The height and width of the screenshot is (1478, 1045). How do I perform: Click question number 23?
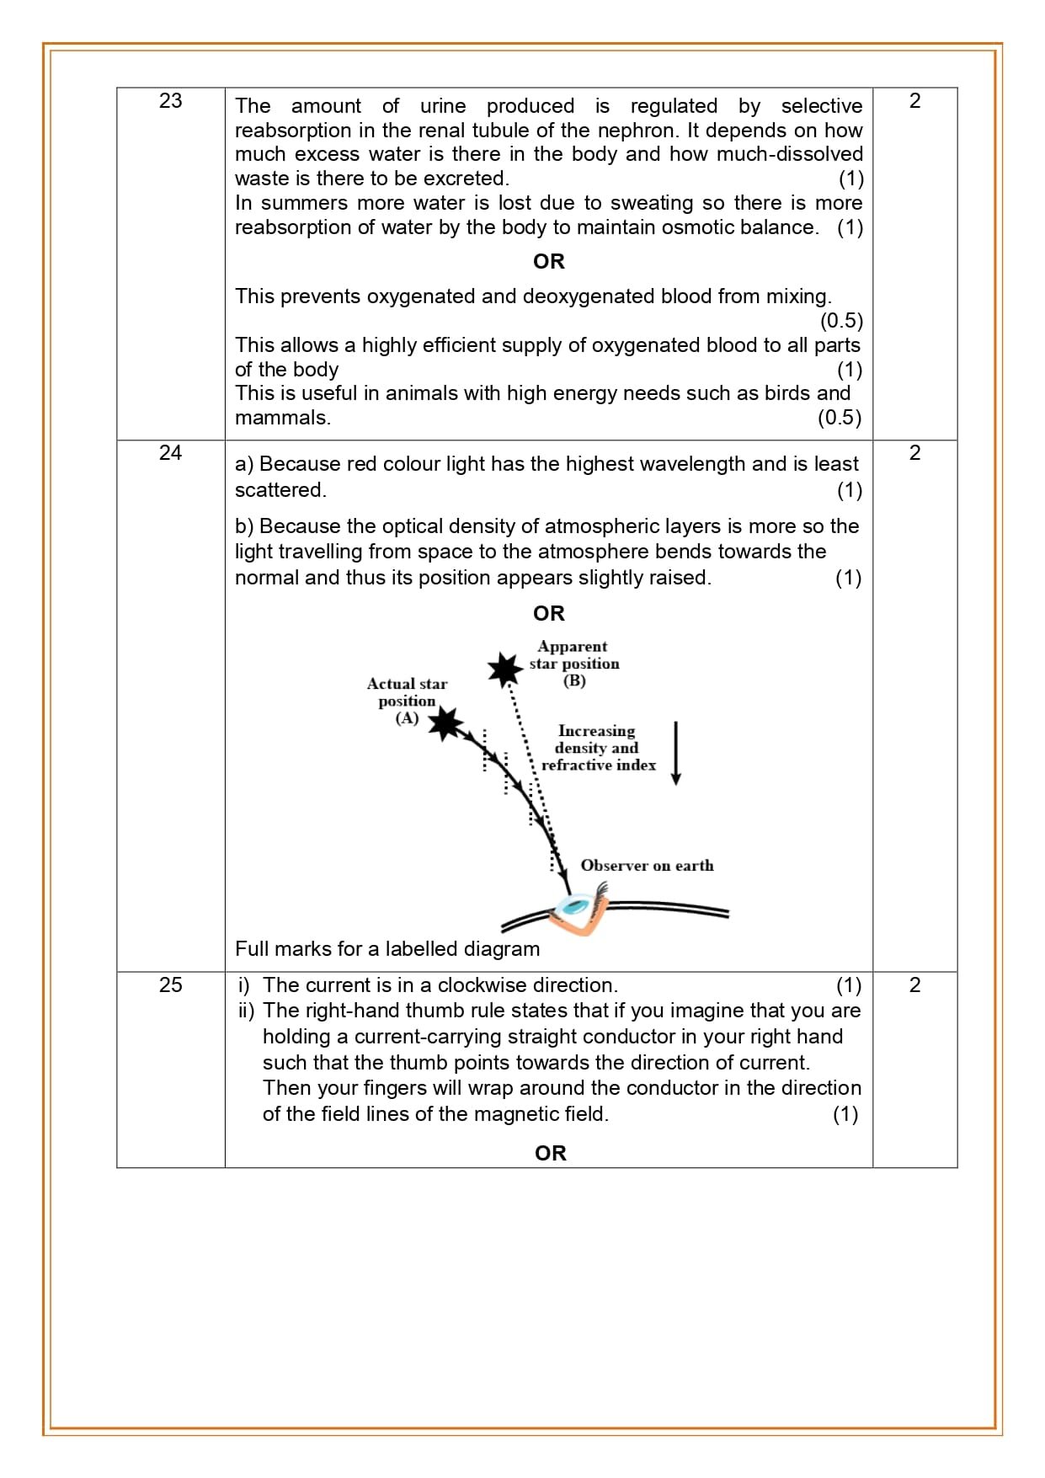pyautogui.click(x=170, y=101)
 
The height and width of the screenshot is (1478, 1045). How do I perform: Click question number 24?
pyautogui.click(x=170, y=453)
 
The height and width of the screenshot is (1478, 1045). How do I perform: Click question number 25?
pyautogui.click(x=170, y=985)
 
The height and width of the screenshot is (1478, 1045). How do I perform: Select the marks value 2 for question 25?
pyautogui.click(x=914, y=985)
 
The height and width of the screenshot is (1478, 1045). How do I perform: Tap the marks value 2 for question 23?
pyautogui.click(x=914, y=101)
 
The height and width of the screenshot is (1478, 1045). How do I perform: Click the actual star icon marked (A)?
pyautogui.click(x=445, y=723)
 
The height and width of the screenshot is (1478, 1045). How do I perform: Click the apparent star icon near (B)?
pyautogui.click(x=505, y=670)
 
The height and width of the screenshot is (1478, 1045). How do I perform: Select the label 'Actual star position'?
pyautogui.click(x=407, y=692)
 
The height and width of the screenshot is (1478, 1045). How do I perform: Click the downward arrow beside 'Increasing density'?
pyautogui.click(x=675, y=752)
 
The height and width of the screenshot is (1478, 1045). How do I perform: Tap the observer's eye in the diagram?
pyautogui.click(x=575, y=906)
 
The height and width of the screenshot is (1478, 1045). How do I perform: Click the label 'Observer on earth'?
pyautogui.click(x=647, y=866)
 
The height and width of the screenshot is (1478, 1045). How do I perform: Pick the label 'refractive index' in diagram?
pyautogui.click(x=598, y=766)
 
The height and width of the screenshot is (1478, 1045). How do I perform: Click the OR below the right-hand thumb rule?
pyautogui.click(x=550, y=1153)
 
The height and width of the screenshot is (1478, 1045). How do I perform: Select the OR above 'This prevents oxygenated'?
pyautogui.click(x=548, y=262)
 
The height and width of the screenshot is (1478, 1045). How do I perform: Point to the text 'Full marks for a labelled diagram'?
pyautogui.click(x=387, y=949)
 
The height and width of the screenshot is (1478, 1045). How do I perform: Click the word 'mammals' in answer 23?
pyautogui.click(x=280, y=418)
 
